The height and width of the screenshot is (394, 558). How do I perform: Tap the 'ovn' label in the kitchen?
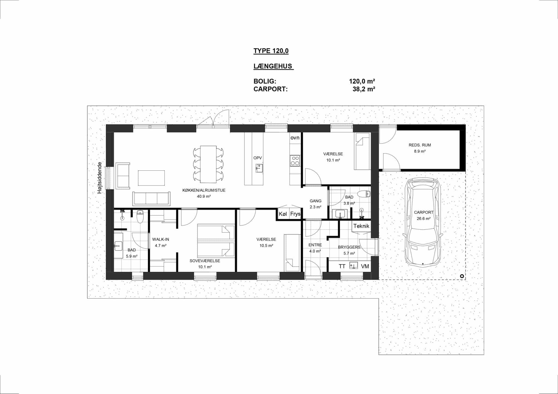(295, 138)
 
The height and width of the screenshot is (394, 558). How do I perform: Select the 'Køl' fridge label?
(283, 214)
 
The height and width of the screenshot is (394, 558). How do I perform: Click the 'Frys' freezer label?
(295, 214)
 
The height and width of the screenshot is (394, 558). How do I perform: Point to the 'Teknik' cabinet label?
(361, 226)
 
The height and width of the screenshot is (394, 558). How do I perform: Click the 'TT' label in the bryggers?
(342, 266)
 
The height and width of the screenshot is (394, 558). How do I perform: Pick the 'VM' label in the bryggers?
(365, 266)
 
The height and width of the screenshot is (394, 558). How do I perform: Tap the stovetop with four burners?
(295, 161)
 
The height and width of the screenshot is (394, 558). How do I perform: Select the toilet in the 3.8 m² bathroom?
(364, 194)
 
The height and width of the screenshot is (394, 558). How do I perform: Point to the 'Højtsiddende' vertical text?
(100, 178)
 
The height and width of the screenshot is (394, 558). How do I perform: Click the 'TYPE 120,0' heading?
(271, 51)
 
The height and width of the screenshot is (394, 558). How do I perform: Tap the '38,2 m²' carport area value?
(364, 89)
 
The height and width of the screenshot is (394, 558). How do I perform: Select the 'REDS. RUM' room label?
(420, 145)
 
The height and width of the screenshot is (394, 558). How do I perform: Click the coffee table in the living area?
(151, 178)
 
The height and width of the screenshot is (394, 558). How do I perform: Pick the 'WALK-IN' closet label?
(160, 239)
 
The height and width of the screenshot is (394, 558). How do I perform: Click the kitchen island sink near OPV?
(259, 168)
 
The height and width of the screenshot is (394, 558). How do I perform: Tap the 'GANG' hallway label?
(316, 201)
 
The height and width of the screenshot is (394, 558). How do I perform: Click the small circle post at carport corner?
(462, 276)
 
